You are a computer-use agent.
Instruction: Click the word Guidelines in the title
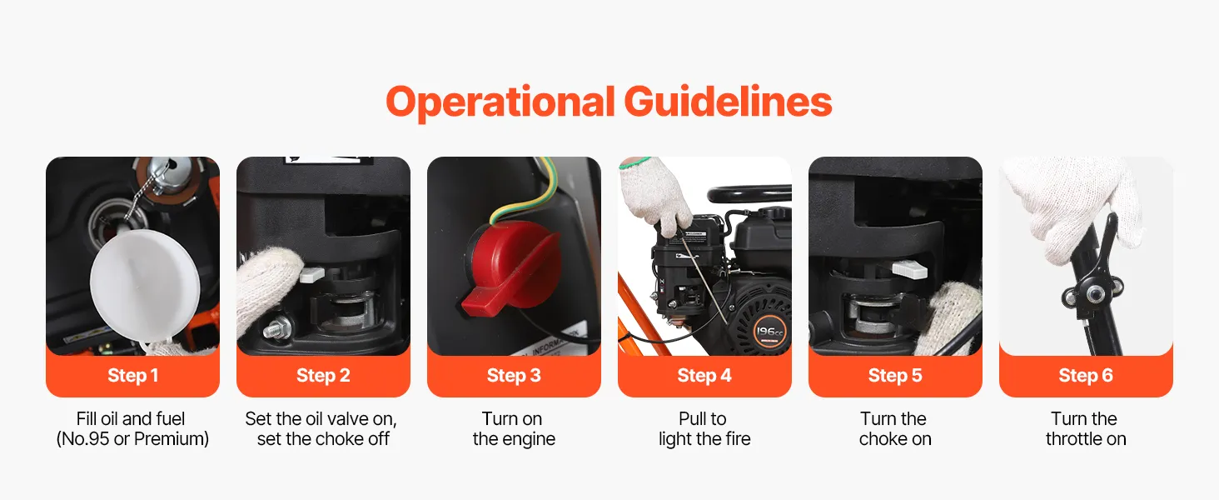click(x=728, y=102)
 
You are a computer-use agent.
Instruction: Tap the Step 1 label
click(x=132, y=375)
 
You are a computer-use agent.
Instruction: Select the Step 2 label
click(x=323, y=375)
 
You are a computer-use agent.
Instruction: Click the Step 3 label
click(x=514, y=375)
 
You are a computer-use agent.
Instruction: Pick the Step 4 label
click(x=704, y=375)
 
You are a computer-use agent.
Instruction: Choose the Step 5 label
click(x=895, y=375)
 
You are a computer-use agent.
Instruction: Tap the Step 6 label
click(x=1086, y=375)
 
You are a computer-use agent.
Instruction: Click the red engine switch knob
click(x=509, y=267)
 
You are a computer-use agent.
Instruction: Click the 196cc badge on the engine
click(x=769, y=331)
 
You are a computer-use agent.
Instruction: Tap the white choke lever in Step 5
click(x=909, y=269)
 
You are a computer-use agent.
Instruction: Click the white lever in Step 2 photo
click(x=312, y=274)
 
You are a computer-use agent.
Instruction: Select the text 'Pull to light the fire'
click(x=704, y=428)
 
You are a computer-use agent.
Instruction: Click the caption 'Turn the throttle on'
click(x=1086, y=428)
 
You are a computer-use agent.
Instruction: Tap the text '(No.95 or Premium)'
click(x=132, y=439)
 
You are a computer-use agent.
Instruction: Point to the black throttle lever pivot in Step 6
click(x=1092, y=293)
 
